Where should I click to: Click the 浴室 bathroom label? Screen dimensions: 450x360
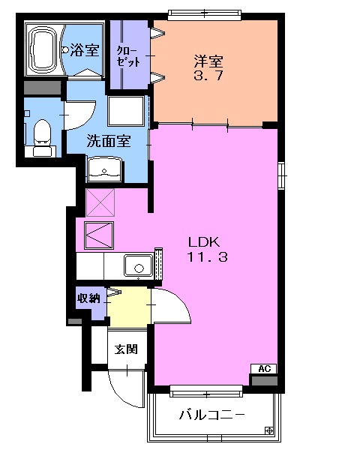[x=85, y=51]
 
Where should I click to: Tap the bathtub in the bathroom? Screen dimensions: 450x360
[x=44, y=49]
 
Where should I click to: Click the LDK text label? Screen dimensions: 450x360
[x=202, y=242]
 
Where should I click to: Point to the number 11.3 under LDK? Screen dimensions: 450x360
[x=202, y=257]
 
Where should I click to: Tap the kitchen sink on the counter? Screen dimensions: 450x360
[x=137, y=265]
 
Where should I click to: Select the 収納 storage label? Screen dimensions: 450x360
[x=88, y=298]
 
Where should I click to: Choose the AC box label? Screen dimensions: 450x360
[x=263, y=368]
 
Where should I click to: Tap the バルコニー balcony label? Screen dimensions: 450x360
[x=211, y=415]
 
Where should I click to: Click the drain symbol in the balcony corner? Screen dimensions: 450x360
[x=269, y=430]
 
